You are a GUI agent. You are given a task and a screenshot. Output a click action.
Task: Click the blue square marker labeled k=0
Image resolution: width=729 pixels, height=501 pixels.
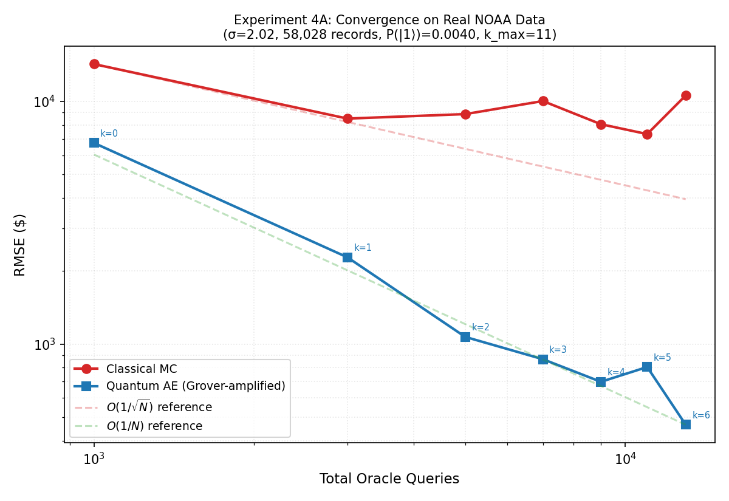point(94,143)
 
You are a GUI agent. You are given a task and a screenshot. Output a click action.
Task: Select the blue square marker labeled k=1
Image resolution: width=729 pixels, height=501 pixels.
point(347,257)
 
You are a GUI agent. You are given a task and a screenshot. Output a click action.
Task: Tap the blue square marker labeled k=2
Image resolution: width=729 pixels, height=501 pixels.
point(465,337)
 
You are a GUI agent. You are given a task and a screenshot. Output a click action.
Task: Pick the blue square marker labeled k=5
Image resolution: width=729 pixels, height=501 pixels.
point(647,367)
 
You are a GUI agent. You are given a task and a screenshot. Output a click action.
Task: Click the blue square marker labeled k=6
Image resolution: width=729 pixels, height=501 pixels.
point(686,424)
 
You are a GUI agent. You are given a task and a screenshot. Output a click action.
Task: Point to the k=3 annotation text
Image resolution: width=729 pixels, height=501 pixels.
point(558,350)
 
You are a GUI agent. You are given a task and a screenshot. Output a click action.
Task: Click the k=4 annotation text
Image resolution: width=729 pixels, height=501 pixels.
point(615,372)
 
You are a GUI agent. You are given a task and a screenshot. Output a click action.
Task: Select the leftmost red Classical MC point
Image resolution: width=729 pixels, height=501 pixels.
point(94,64)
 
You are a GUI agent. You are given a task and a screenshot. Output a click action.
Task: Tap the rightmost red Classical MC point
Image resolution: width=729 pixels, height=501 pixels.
point(686,96)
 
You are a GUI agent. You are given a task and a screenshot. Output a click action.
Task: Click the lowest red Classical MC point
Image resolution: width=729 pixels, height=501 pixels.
point(647,134)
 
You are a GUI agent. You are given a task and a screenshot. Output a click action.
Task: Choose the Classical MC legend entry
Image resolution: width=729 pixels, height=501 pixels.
point(141,369)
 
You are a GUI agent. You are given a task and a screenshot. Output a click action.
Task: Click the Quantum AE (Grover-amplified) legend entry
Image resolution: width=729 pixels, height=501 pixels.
point(195,386)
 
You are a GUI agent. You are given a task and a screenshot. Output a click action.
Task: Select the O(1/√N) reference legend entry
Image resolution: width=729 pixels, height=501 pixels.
point(159,407)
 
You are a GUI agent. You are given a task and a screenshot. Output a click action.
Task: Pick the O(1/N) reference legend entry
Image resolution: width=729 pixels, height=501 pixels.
point(154,426)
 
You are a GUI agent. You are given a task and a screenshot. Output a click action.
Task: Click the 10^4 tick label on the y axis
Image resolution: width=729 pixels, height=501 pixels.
point(44,101)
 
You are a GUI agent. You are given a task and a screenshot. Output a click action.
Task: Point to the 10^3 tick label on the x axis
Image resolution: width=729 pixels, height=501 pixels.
point(94,458)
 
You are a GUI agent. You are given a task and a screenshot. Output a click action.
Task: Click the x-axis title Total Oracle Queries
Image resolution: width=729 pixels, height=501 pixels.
point(389,479)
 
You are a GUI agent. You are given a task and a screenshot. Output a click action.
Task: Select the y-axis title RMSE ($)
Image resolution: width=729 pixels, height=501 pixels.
point(20,244)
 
